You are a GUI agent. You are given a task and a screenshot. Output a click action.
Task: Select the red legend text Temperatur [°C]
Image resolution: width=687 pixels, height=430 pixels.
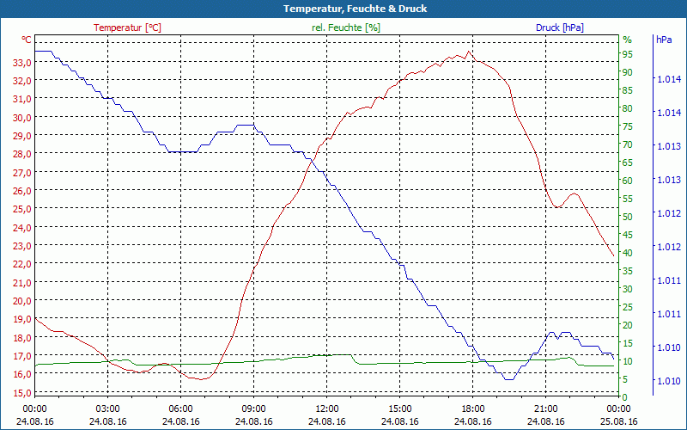coord(127,28)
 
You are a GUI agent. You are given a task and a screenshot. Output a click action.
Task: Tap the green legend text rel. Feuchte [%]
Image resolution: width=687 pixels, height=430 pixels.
coord(346,28)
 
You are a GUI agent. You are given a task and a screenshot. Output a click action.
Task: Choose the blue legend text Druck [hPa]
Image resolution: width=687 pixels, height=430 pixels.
coord(559,28)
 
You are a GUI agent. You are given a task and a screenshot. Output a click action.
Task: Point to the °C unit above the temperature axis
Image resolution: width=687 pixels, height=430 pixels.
coord(27,40)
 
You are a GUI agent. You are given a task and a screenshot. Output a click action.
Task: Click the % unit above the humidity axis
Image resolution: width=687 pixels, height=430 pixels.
coord(627,40)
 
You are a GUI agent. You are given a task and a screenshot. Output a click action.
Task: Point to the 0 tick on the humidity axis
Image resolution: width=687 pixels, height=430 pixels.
coord(625,396)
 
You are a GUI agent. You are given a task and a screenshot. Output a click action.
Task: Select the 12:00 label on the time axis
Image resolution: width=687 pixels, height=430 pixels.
coord(327,408)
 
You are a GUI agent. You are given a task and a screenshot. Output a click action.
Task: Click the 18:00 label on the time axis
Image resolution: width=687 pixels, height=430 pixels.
coord(473,408)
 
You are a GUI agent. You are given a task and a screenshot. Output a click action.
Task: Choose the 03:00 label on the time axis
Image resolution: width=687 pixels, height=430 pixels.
coord(107,408)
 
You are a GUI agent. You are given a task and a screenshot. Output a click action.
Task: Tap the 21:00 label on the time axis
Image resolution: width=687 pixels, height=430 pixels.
coord(546,408)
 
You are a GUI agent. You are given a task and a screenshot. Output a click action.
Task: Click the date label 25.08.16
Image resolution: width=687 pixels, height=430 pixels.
coord(619,421)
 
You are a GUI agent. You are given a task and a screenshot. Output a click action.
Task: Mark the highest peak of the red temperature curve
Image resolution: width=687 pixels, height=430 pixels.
coord(468,52)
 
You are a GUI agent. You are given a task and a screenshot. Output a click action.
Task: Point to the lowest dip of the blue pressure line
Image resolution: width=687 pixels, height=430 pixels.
coord(508,378)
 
